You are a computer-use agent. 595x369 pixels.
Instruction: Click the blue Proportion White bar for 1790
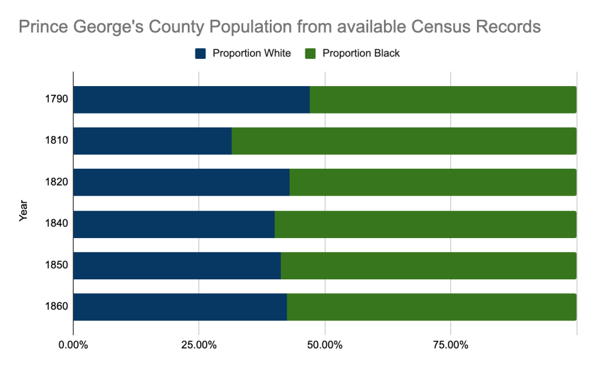pos(191,100)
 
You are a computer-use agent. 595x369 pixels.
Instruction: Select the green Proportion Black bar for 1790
pos(443,100)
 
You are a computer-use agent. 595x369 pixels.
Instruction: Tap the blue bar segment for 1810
pos(152,141)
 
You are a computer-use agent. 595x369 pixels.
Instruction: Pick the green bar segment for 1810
pos(404,141)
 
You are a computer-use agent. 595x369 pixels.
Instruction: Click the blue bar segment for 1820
pos(181,182)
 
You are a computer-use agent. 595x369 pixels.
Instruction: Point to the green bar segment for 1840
pos(425,224)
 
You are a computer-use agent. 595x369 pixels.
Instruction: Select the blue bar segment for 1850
pos(177,265)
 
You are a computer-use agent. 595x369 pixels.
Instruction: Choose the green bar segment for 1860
pos(431,307)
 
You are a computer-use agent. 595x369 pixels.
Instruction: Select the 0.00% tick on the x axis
pos(73,345)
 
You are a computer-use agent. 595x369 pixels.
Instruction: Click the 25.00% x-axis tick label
pos(199,345)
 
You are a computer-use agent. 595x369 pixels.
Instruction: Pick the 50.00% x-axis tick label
pos(325,345)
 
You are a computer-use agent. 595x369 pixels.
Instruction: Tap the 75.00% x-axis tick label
pos(450,345)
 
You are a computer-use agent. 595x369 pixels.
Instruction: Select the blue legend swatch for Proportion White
pos(201,54)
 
